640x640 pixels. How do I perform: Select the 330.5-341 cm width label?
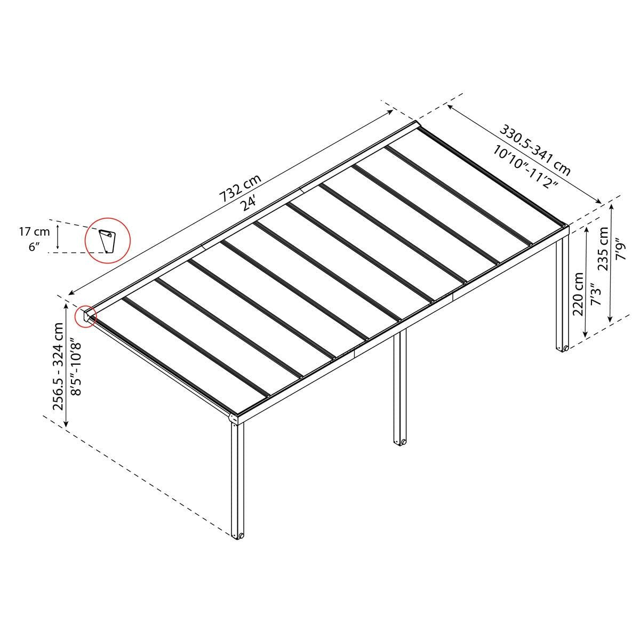click(x=535, y=150)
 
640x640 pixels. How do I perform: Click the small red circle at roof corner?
click(x=85, y=316)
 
